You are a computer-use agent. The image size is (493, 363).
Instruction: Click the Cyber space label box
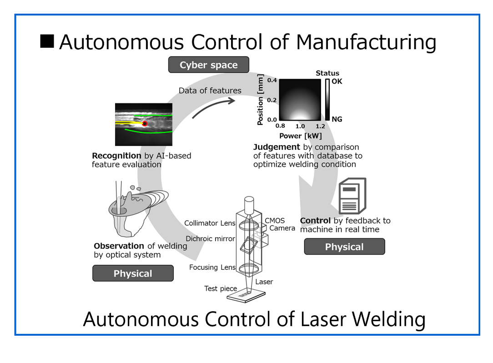[209, 65]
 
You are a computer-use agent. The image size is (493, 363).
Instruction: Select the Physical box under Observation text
[133, 273]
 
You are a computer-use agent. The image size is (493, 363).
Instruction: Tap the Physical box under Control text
[344, 247]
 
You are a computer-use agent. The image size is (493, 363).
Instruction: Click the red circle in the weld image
[145, 123]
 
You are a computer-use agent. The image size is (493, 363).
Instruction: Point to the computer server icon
[352, 196]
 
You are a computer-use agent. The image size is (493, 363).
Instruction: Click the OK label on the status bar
[337, 81]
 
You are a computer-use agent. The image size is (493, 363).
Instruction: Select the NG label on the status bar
[337, 119]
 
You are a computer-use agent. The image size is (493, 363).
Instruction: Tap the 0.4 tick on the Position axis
[272, 81]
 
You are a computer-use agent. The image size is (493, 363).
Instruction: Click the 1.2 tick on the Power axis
[320, 126]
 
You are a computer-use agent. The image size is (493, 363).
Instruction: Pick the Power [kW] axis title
[300, 136]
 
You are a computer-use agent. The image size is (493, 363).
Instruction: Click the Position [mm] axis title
[261, 100]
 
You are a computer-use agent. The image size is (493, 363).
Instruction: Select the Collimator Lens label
[210, 223]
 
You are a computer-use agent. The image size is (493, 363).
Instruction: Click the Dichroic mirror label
[210, 238]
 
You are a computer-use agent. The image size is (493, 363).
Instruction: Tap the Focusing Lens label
[212, 267]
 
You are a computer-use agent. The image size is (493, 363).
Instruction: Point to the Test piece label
[221, 289]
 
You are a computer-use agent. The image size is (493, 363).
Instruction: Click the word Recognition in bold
[116, 156]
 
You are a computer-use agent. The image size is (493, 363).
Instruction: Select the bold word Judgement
[277, 147]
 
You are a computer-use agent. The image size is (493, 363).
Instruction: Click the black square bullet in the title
[47, 41]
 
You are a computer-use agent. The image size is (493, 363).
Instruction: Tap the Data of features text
[210, 91]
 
